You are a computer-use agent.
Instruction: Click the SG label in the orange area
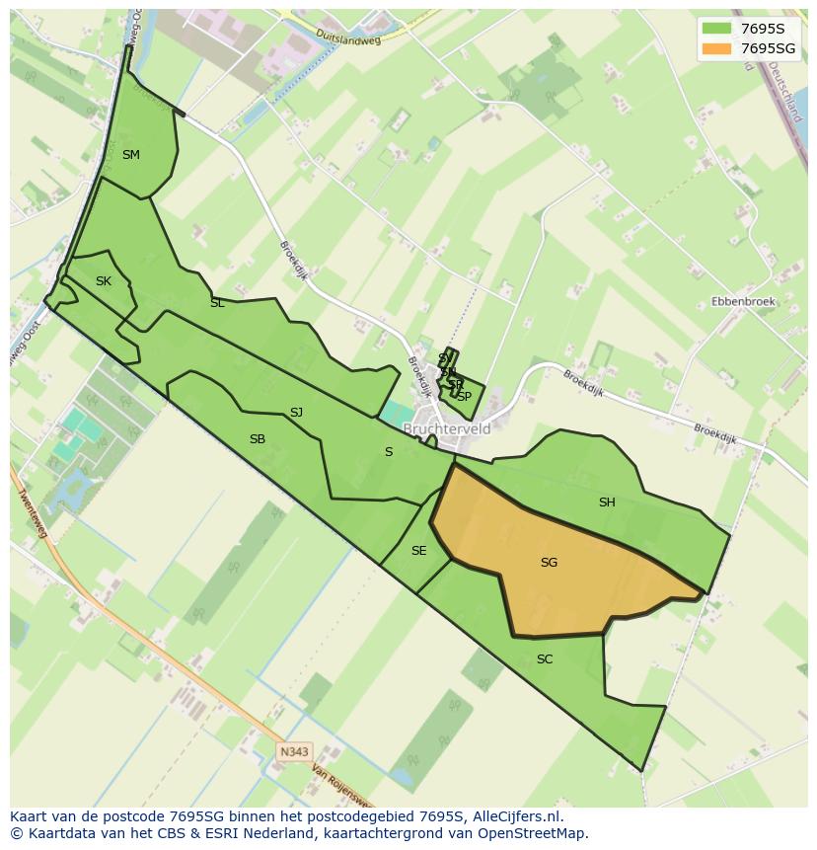pyautogui.click(x=549, y=563)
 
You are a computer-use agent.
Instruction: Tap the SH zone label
pyautogui.click(x=607, y=502)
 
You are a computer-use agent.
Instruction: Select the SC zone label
pyautogui.click(x=545, y=659)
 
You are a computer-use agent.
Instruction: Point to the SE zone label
pyautogui.click(x=418, y=551)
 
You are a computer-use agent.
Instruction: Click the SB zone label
pyautogui.click(x=258, y=439)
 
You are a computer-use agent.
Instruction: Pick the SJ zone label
pyautogui.click(x=296, y=413)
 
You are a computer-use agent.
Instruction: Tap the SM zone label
pyautogui.click(x=131, y=155)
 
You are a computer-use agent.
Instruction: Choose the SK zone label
pyautogui.click(x=104, y=281)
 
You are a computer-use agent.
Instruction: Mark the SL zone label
pyautogui.click(x=217, y=304)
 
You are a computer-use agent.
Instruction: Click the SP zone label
pyautogui.click(x=464, y=396)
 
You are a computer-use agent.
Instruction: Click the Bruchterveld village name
pyautogui.click(x=447, y=429)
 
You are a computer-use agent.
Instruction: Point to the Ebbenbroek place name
pyautogui.click(x=743, y=301)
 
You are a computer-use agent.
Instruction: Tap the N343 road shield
pyautogui.click(x=294, y=751)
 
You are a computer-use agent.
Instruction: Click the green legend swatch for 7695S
pyautogui.click(x=716, y=28)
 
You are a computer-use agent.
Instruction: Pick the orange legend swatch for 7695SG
pyautogui.click(x=716, y=48)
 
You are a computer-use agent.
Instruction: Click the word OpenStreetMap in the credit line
pyautogui.click(x=536, y=833)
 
